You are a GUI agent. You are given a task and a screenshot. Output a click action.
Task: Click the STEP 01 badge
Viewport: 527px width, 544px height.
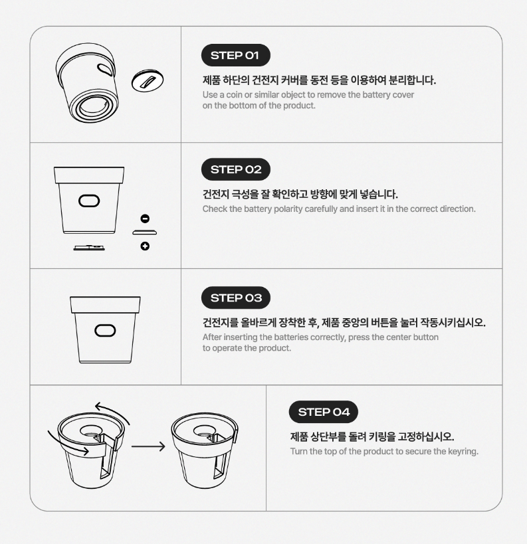coord(235,55)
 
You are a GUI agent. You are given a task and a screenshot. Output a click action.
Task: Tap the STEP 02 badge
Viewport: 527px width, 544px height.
coord(236,169)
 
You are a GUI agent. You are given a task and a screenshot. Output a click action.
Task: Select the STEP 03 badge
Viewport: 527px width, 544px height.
coord(236,298)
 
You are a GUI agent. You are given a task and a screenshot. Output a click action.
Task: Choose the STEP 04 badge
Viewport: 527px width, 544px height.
coord(323,412)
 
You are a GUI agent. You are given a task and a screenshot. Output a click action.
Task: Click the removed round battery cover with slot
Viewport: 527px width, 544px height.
coord(148,80)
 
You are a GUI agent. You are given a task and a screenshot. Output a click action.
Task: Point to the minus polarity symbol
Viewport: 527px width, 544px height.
coord(145,219)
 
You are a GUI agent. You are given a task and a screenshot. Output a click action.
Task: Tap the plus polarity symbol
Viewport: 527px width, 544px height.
coord(145,246)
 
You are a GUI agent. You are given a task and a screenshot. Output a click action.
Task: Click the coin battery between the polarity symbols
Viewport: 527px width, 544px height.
coord(145,232)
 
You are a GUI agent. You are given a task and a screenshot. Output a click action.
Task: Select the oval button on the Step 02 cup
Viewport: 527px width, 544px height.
coord(89,201)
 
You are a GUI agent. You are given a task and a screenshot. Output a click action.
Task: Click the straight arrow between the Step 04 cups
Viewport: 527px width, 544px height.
coord(148,446)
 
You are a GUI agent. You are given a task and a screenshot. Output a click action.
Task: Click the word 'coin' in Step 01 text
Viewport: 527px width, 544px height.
coord(235,95)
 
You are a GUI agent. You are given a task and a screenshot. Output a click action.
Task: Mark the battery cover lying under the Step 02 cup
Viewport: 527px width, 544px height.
coord(89,248)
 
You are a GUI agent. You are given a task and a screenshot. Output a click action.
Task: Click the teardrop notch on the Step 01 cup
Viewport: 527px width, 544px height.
coord(105,69)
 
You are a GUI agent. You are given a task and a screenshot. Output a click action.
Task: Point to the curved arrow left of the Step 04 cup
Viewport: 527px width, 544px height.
coord(68,443)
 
